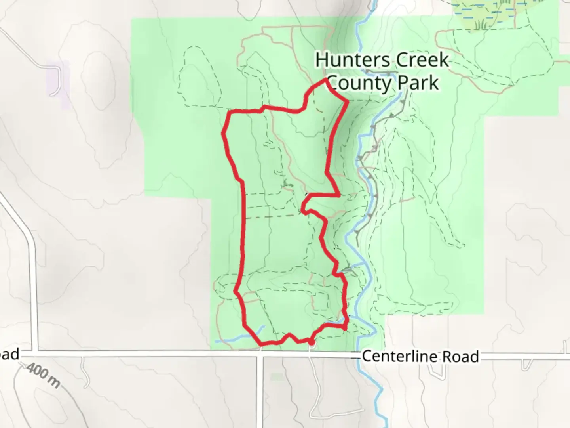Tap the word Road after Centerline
pos(460,356)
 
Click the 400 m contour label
pos(44,376)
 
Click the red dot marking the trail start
pos(312,342)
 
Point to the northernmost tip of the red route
pos(326,79)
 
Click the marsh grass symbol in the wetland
pos(481,24)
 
